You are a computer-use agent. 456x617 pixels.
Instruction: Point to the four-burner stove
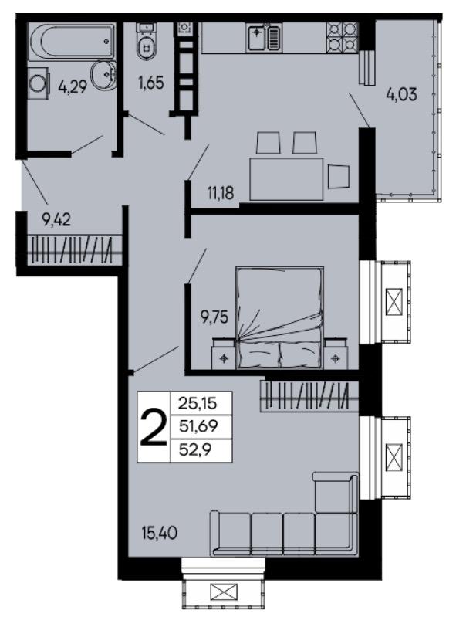342,37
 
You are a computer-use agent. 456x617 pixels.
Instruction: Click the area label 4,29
73,86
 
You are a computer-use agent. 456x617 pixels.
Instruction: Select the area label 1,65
150,83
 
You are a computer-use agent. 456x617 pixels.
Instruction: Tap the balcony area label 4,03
401,94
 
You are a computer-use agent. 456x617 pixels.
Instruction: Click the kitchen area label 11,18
221,193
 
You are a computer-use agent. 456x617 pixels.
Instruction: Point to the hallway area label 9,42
56,219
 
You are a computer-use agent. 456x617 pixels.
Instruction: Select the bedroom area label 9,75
214,317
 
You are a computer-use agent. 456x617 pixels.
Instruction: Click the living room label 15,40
159,534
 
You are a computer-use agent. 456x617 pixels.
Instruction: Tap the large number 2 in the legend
154,427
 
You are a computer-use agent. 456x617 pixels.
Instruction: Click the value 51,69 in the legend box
198,425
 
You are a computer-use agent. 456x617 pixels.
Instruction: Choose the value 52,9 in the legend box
195,449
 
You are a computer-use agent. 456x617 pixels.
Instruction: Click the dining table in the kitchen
286,179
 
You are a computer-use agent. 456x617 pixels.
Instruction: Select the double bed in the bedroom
280,317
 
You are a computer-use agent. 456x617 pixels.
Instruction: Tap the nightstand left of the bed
224,354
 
